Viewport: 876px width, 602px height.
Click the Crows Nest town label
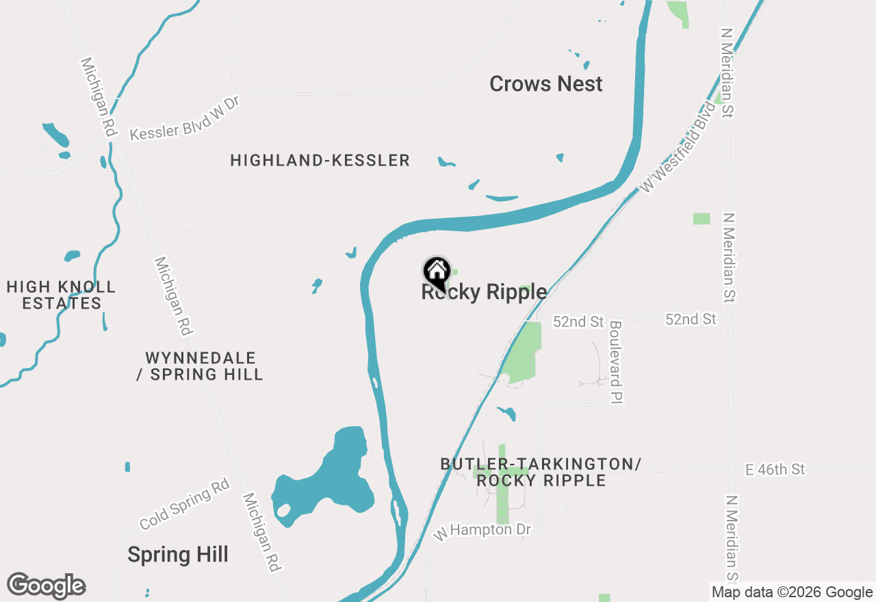pyautogui.click(x=546, y=84)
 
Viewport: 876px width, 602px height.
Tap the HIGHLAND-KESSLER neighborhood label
pyautogui.click(x=320, y=161)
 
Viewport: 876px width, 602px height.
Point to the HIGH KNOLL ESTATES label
pyautogui.click(x=62, y=295)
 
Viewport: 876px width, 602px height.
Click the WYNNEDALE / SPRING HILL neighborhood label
pyautogui.click(x=200, y=366)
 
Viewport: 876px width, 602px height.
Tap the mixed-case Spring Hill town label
pyautogui.click(x=178, y=555)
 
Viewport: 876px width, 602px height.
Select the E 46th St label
pyautogui.click(x=775, y=469)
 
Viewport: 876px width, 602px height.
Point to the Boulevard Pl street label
pyautogui.click(x=615, y=361)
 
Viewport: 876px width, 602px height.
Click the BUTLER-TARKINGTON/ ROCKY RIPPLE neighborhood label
pyautogui.click(x=541, y=472)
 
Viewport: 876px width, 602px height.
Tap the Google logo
pyautogui.click(x=47, y=586)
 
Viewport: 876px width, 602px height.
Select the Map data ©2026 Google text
pyautogui.click(x=792, y=592)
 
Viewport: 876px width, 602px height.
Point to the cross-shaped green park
pyautogui.click(x=502, y=479)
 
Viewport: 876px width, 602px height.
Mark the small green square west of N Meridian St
pyautogui.click(x=701, y=219)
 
